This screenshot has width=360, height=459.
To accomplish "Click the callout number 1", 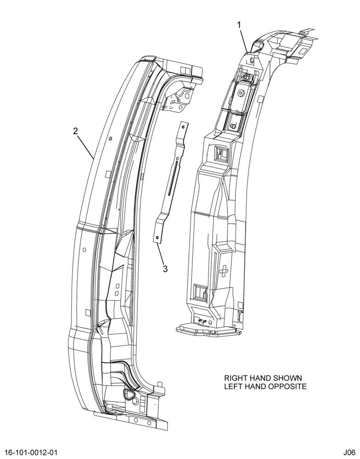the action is click(x=239, y=25).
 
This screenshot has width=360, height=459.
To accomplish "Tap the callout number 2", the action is click(x=76, y=131).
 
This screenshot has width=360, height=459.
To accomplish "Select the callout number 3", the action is click(x=165, y=269).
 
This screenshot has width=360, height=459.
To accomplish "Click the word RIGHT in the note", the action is click(x=235, y=378).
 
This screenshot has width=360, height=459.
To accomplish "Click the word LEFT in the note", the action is click(x=233, y=386).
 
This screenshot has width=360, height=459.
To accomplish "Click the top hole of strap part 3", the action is click(x=183, y=127).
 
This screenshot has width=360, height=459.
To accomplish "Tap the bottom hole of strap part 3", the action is click(x=157, y=237).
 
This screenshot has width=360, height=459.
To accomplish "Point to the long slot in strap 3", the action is click(x=173, y=178).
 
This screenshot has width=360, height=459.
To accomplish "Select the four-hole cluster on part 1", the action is click(x=224, y=271).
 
